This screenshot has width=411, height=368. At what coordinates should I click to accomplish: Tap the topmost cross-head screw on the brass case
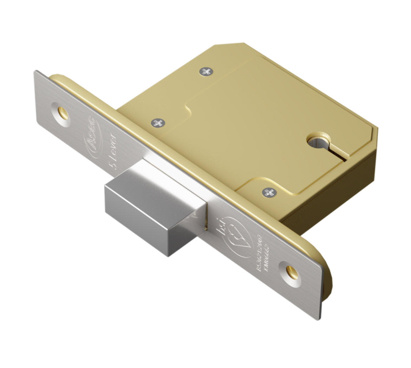pos(206,72)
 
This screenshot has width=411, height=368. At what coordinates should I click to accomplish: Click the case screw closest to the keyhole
pos(269,192)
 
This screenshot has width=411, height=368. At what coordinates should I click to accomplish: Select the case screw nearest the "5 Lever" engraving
pos(158,123)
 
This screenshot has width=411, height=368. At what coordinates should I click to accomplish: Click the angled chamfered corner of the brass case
pos(228,45)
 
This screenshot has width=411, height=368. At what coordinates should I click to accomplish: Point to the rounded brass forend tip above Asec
pos(56,77)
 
